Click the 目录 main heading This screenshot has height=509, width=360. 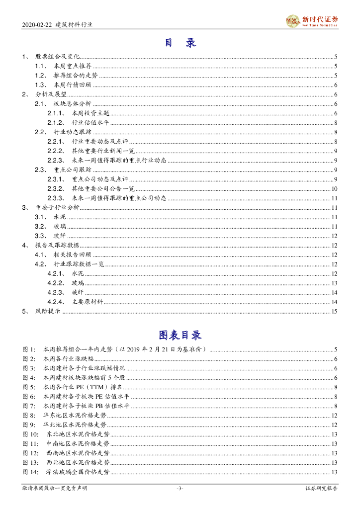pyautogui.click(x=180, y=43)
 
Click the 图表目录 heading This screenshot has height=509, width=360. pyautogui.click(x=180, y=335)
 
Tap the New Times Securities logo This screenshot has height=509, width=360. pyautogui.click(x=312, y=21)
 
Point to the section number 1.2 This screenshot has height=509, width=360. pyautogui.click(x=40, y=76)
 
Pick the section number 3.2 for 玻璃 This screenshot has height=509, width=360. pyautogui.click(x=40, y=226)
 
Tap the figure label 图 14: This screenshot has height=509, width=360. pyautogui.click(x=30, y=472)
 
